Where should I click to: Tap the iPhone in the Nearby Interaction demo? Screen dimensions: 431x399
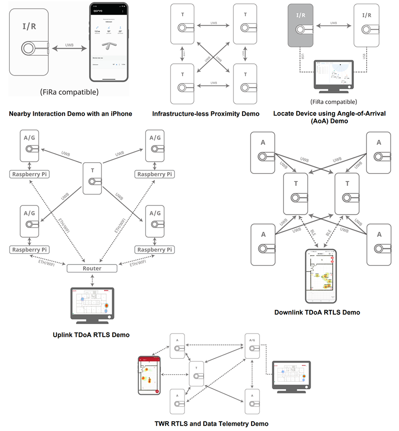coord(109,43)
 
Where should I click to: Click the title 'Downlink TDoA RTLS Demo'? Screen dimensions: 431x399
coord(317,312)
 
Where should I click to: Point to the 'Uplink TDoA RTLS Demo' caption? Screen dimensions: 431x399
coord(91,335)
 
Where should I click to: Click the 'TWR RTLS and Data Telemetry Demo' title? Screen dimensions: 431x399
coord(211,423)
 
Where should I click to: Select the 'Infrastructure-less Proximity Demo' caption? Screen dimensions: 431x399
coord(206,113)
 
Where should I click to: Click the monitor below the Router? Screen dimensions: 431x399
coord(92,304)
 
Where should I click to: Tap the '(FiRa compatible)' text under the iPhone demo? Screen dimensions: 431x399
coord(69,92)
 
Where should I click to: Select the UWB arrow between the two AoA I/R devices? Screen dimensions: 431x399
coord(333,28)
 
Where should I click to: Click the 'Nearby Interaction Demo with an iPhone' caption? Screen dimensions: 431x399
coord(70,113)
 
